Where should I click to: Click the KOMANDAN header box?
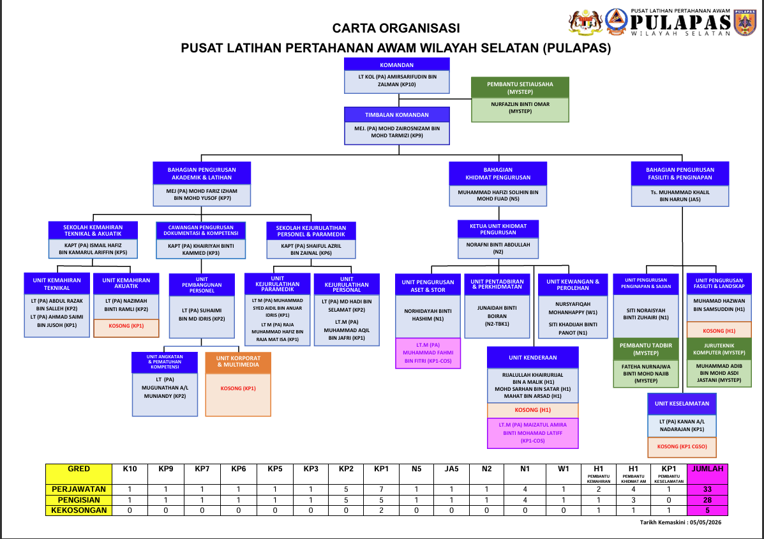pos(396,65)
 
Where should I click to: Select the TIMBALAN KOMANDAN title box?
pos(396,114)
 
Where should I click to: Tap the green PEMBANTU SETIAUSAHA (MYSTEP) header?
pos(520,87)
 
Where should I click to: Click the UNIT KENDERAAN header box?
pos(532,357)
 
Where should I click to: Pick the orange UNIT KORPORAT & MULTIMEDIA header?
pos(238,361)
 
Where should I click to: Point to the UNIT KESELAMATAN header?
pos(682,404)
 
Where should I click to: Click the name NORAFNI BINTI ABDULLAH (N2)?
pos(498,248)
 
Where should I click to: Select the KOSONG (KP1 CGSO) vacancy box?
pos(682,446)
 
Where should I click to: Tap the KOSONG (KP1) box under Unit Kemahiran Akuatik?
pos(126,326)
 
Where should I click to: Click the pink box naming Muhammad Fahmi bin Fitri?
pos(428,353)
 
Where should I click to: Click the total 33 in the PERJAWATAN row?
pos(707,489)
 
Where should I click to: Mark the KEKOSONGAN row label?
pos(79,510)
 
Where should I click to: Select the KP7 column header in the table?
pos(202,469)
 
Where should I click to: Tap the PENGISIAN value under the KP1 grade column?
pos(381,500)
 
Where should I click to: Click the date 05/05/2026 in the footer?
pos(706,522)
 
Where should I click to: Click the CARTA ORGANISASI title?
pos(396,28)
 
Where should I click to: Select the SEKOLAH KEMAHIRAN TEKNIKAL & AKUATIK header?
pos(93,231)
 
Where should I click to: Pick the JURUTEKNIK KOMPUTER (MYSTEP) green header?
pos(719,349)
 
